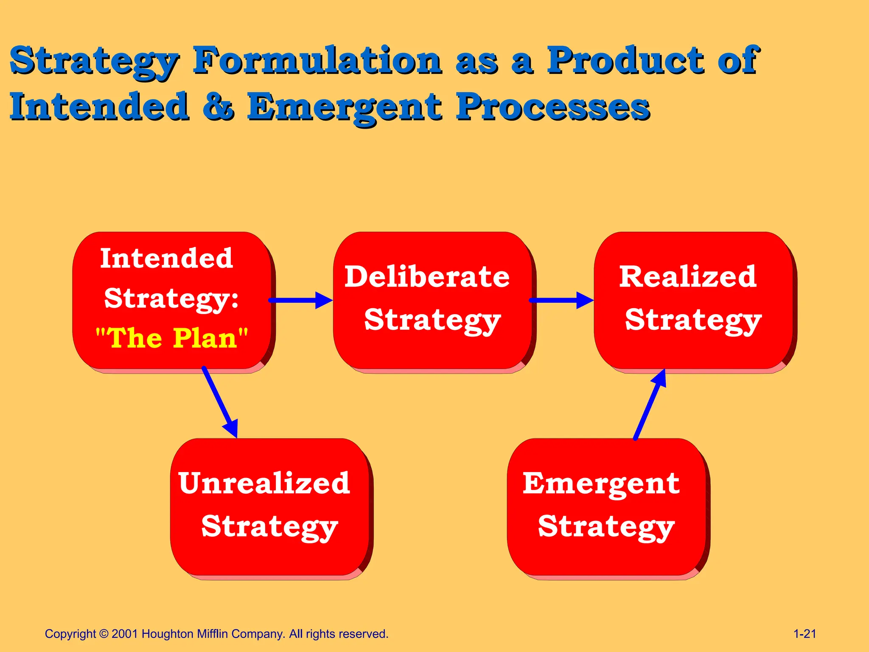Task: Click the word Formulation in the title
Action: pyautogui.click(x=317, y=60)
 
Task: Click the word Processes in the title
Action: pyautogui.click(x=552, y=107)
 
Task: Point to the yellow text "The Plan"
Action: pyautogui.click(x=172, y=338)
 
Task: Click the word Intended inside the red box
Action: pyautogui.click(x=166, y=258)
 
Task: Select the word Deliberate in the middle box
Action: pyautogui.click(x=427, y=277)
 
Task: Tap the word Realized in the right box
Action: pyautogui.click(x=688, y=277)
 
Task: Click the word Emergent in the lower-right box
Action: pyautogui.click(x=601, y=484)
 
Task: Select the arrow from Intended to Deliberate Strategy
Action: pyautogui.click(x=300, y=300)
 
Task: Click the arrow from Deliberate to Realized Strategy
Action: pyautogui.click(x=561, y=300)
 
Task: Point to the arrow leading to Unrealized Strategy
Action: pyautogui.click(x=220, y=401)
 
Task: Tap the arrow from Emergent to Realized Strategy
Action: pyautogui.click(x=650, y=405)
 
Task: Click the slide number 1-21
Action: pyautogui.click(x=805, y=634)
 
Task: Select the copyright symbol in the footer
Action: pyautogui.click(x=104, y=634)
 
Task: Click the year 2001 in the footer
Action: pyautogui.click(x=125, y=634)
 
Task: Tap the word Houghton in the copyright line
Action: pyautogui.click(x=167, y=634)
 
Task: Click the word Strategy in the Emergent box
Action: pyautogui.click(x=606, y=527)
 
